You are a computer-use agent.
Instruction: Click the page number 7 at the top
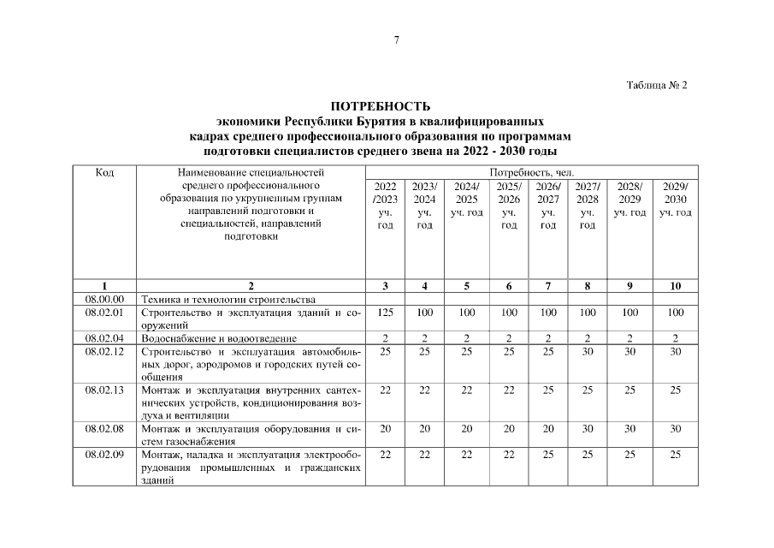click(396, 40)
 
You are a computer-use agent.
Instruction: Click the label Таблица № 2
click(657, 86)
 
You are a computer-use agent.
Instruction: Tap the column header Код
click(105, 172)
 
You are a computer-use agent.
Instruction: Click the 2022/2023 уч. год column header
click(385, 205)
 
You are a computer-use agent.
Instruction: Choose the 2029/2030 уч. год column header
click(675, 199)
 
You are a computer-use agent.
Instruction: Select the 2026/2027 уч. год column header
click(548, 205)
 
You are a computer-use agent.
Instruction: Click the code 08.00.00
click(105, 299)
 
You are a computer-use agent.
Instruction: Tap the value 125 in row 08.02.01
click(385, 313)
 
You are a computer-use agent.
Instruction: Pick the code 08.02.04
click(105, 339)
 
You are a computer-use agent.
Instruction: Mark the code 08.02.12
click(105, 352)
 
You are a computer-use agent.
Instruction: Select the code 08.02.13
click(105, 390)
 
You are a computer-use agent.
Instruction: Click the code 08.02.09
click(105, 455)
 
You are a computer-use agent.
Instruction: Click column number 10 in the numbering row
click(675, 286)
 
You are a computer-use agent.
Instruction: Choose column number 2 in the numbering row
click(251, 286)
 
